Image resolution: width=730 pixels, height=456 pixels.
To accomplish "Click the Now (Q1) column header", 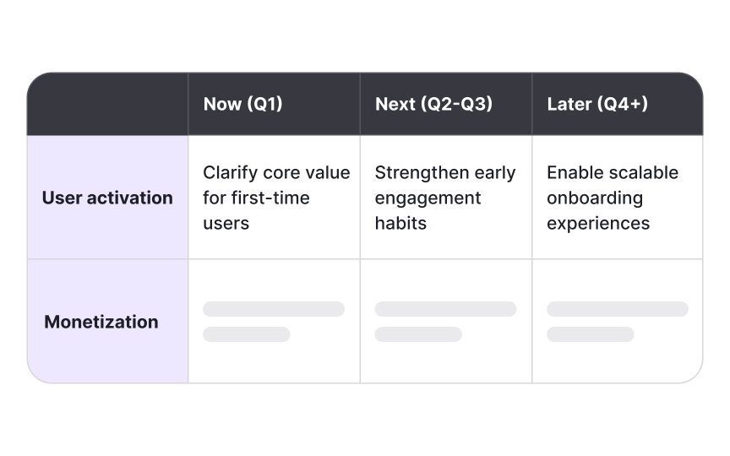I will (242, 105).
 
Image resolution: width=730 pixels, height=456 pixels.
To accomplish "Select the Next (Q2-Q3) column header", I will (433, 105).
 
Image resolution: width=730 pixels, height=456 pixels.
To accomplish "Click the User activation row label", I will (107, 198).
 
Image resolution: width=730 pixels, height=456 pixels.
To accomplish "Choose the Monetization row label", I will (101, 322).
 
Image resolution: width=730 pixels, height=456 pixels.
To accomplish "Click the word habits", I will (400, 223).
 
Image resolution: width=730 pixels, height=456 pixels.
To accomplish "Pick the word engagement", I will (428, 198).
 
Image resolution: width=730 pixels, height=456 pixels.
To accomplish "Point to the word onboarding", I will (595, 198).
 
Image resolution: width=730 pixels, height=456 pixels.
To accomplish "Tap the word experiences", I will (598, 223).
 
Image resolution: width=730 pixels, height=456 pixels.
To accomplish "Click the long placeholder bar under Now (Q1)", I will (274, 309).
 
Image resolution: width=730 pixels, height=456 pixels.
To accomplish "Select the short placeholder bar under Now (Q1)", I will (246, 334).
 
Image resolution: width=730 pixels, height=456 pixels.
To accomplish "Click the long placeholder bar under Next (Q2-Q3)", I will (445, 309).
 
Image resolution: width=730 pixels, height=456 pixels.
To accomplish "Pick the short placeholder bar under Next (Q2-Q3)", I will (418, 334).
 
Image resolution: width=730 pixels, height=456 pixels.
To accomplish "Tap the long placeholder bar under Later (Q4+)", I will (617, 309).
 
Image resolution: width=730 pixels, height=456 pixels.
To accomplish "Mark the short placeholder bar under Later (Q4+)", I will (590, 334).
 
